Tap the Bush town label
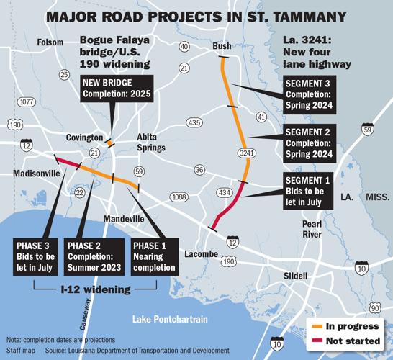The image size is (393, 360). (x=222, y=47)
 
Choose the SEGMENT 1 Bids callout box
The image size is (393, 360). (x=308, y=190)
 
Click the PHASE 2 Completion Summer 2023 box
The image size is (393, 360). (x=92, y=256)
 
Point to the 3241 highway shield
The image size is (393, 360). (x=247, y=152)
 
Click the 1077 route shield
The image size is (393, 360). (x=27, y=102)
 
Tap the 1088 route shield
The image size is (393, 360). (x=179, y=197)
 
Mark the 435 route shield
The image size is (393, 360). (x=194, y=122)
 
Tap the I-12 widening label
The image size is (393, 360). (x=96, y=289)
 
